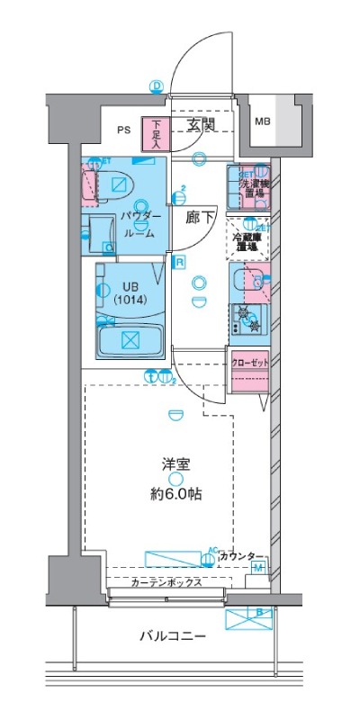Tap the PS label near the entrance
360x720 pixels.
pos(123,130)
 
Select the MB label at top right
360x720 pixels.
pos(262,121)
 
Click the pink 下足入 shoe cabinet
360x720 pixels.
pos(157,134)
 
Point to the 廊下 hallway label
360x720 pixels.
pos(199,217)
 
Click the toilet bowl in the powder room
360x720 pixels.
pos(118,184)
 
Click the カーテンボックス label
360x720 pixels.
pos(166,582)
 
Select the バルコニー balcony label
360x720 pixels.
pos(172,636)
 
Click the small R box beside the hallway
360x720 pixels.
pos(180,263)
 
